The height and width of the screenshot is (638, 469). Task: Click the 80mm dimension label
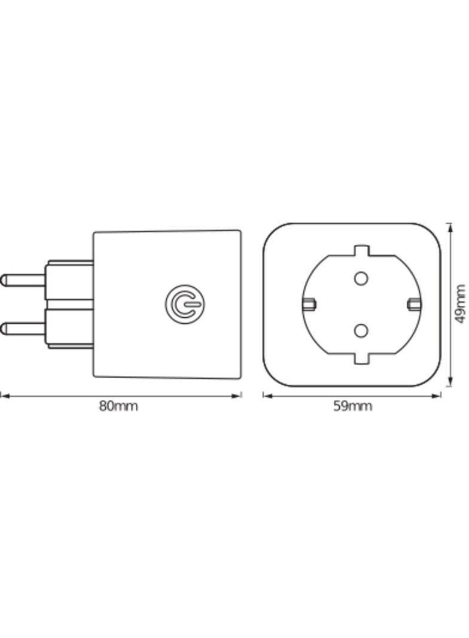tap(118, 406)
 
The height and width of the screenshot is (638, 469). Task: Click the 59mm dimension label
tap(352, 406)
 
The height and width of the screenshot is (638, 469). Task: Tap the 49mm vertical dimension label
tap(459, 303)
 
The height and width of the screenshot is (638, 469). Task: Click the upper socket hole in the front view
tap(360, 278)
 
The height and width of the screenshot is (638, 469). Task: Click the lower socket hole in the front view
tap(360, 330)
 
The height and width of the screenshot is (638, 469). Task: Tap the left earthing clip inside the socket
tap(309, 304)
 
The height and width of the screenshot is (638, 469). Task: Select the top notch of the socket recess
tap(360, 250)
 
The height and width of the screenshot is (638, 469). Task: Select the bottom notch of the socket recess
tap(360, 358)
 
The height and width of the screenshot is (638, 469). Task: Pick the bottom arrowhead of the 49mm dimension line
tap(449, 383)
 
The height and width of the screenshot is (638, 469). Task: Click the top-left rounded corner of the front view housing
tap(272, 232)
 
